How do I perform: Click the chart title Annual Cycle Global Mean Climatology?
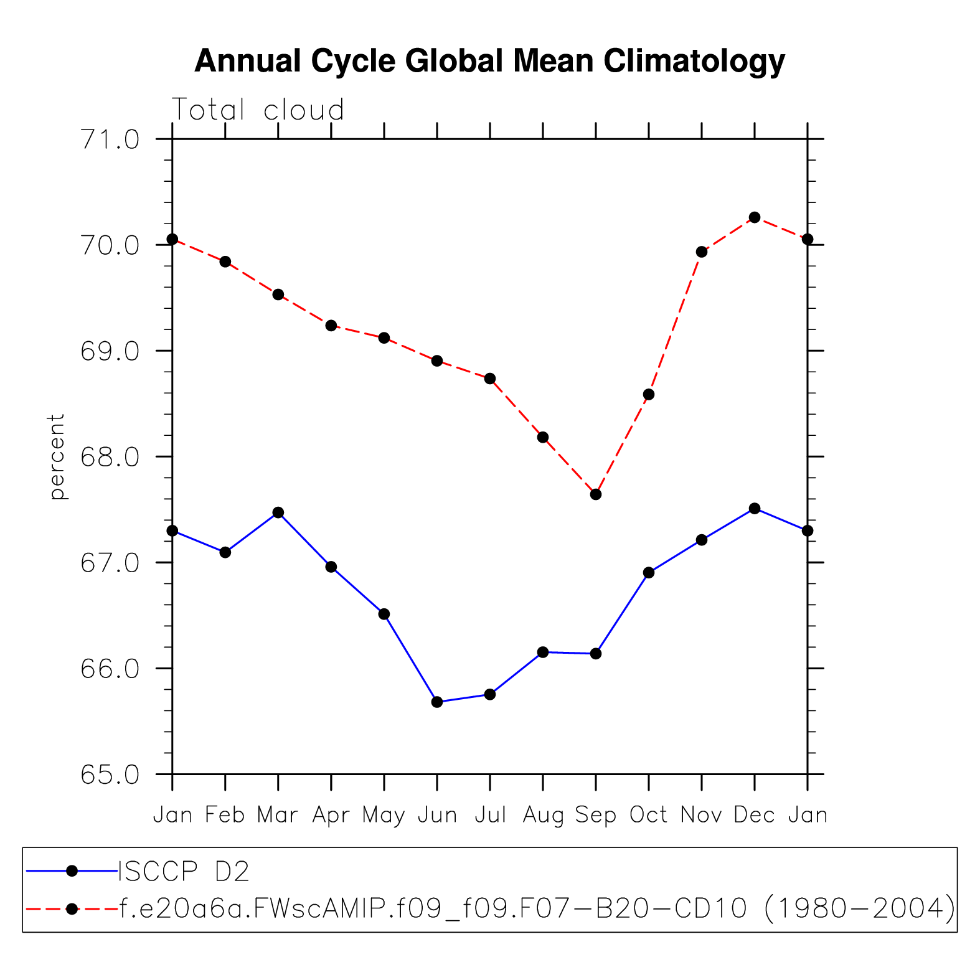(489, 62)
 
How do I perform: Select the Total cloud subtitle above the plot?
(257, 110)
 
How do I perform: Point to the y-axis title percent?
(56, 456)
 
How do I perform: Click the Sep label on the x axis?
(596, 815)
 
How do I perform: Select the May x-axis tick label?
(384, 815)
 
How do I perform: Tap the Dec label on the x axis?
(755, 815)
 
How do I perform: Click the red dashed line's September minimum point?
(596, 494)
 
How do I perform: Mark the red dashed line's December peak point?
(755, 217)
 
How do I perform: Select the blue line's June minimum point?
(437, 702)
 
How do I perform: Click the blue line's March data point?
(278, 512)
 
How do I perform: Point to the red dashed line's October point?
(649, 394)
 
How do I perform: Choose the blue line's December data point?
(755, 508)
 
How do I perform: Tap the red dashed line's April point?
(331, 326)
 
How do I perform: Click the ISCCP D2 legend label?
(184, 871)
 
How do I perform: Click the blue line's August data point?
(543, 652)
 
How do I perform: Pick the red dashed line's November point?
(702, 252)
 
